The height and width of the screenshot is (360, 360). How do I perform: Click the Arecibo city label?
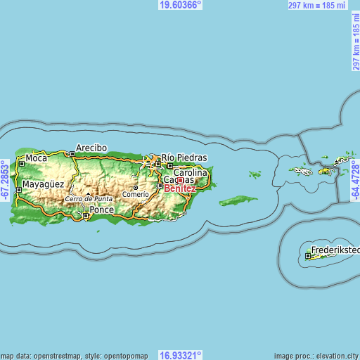(92, 148)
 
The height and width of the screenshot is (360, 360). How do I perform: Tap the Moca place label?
(36, 158)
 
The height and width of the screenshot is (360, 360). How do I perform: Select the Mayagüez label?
(43, 185)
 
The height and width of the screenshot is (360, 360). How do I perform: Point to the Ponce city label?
(102, 210)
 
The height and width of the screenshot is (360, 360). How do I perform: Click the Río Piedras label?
(184, 157)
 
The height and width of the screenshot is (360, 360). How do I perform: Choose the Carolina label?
(191, 172)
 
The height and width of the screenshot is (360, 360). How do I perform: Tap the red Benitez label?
(180, 188)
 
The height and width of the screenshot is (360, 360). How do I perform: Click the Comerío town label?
(136, 194)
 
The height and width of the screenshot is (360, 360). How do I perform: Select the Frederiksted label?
(336, 250)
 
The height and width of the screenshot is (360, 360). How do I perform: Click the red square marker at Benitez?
(180, 181)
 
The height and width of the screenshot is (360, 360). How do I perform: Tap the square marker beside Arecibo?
(72, 153)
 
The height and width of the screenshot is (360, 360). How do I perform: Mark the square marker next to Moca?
(22, 163)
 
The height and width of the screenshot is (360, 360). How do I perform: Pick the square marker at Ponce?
(86, 216)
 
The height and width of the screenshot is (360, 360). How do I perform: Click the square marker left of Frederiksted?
(309, 256)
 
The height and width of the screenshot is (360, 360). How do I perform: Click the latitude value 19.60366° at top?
(180, 4)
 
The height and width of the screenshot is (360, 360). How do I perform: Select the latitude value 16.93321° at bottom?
(180, 355)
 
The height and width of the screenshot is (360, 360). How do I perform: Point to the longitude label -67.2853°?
(5, 180)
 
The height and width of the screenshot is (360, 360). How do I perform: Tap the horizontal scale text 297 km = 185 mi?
(318, 5)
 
